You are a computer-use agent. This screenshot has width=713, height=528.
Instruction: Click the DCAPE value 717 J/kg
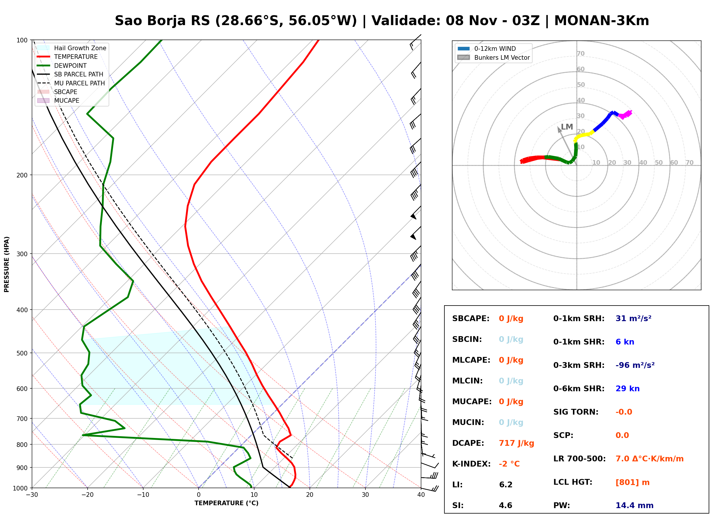tap(516, 443)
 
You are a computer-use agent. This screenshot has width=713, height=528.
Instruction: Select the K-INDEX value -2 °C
tap(509, 464)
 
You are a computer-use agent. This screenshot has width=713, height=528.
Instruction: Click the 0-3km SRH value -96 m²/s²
tap(635, 365)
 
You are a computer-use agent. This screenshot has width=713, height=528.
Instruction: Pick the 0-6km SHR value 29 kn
tap(627, 389)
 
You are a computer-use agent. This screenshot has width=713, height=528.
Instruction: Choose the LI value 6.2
tap(505, 485)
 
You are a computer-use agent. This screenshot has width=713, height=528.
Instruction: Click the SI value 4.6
tap(505, 505)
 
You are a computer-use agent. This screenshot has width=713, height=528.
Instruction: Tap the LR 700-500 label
tap(579, 459)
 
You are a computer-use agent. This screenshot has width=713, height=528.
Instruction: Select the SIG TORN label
tap(576, 412)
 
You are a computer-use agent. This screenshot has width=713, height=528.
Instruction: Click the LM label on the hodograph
tap(567, 127)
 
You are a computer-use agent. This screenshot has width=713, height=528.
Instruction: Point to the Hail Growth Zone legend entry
tap(71, 48)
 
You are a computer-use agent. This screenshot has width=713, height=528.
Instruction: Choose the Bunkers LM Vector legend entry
tap(493, 57)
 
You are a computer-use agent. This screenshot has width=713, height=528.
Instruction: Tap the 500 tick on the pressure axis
tap(22, 353)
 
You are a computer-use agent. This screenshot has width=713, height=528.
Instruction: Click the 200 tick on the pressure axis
tap(22, 175)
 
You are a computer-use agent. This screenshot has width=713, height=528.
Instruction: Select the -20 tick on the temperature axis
tap(87, 495)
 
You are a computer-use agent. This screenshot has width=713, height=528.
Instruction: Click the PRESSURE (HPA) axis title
tap(7, 264)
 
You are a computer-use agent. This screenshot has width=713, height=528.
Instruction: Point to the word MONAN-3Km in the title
tap(602, 21)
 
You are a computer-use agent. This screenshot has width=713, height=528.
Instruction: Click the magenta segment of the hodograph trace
tap(625, 115)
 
